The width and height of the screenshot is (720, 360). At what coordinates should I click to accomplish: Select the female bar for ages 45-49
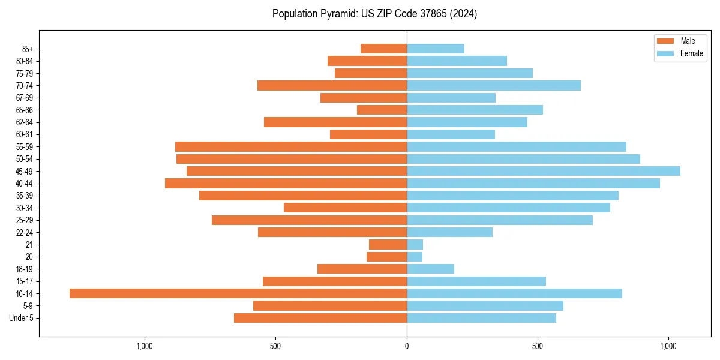(544, 171)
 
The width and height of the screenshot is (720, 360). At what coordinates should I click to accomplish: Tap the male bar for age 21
(388, 244)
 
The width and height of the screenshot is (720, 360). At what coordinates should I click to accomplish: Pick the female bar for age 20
(415, 257)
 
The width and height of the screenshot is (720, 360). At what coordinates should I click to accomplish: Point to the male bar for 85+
(383, 49)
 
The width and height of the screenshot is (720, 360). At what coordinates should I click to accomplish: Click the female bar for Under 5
(481, 318)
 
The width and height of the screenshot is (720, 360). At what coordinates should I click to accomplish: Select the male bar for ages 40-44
(286, 183)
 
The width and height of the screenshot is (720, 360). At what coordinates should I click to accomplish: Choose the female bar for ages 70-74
(494, 85)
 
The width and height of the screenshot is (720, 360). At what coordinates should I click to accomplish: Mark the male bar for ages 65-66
(382, 110)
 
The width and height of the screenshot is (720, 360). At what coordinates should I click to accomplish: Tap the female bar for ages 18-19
(430, 269)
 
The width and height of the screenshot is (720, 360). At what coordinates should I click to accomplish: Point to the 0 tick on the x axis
(407, 346)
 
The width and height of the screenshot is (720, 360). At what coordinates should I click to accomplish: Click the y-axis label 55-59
(24, 146)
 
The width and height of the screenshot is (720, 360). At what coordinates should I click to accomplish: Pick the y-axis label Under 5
(21, 318)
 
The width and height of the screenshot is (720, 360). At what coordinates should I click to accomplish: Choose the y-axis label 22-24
(24, 232)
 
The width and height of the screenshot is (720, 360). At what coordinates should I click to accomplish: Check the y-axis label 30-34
(24, 208)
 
